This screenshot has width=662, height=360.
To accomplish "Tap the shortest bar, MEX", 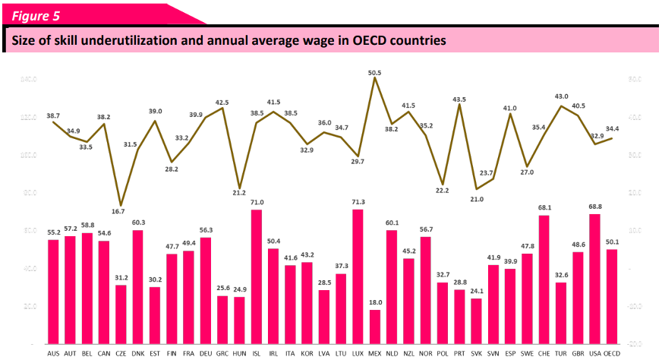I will [375, 327].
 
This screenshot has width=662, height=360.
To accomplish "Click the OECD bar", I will [612, 297].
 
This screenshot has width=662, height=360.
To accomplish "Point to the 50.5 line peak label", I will [374, 73].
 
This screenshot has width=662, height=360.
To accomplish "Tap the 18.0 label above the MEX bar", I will [375, 302].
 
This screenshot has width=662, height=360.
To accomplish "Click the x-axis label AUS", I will [54, 352].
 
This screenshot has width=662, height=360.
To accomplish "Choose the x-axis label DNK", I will [138, 352].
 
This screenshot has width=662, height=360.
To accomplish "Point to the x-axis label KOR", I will [307, 352].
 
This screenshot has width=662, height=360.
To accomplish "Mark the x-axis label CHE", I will [544, 352].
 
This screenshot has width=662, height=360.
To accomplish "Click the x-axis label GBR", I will [578, 352].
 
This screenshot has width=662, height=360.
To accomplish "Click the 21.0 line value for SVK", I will [477, 199].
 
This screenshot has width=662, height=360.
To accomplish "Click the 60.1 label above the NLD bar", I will [392, 223].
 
